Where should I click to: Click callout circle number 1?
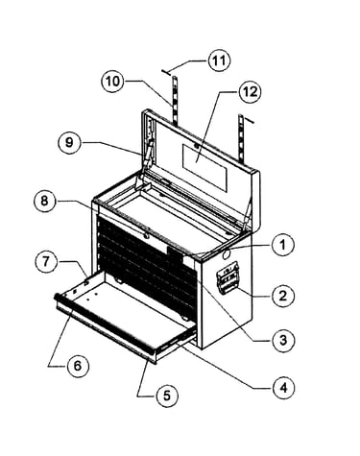coord(282,245)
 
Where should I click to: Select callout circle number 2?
coord(283,296)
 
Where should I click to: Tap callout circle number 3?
coord(283,341)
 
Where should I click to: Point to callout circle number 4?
coord(283,388)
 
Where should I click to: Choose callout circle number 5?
coord(167,396)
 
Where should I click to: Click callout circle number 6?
coord(78,366)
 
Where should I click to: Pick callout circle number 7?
coord(46,262)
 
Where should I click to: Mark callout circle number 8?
coord(44,201)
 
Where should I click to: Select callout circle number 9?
coord(69,142)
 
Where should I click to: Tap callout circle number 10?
coord(112,82)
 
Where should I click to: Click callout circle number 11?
coord(219,60)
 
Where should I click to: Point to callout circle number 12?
coord(250,92)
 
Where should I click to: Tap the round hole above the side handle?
coord(226,254)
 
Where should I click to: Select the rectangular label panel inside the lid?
coord(204,167)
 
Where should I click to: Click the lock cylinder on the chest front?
coord(146,235)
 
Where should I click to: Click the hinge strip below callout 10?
coord(175,99)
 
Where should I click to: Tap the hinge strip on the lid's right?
coord(243,138)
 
